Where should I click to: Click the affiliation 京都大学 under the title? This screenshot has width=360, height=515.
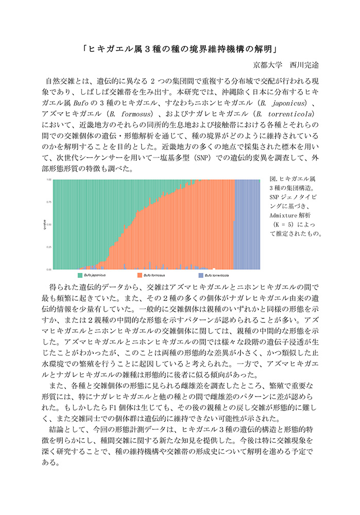coord(268,65)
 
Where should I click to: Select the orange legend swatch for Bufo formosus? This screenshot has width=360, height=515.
coord(139,276)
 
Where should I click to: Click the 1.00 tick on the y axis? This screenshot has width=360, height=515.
coord(49,180)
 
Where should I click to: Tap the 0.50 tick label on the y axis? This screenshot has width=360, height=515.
coord(49,225)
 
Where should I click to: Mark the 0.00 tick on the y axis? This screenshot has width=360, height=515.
coord(49,269)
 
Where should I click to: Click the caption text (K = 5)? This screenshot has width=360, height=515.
coord(293,224)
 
